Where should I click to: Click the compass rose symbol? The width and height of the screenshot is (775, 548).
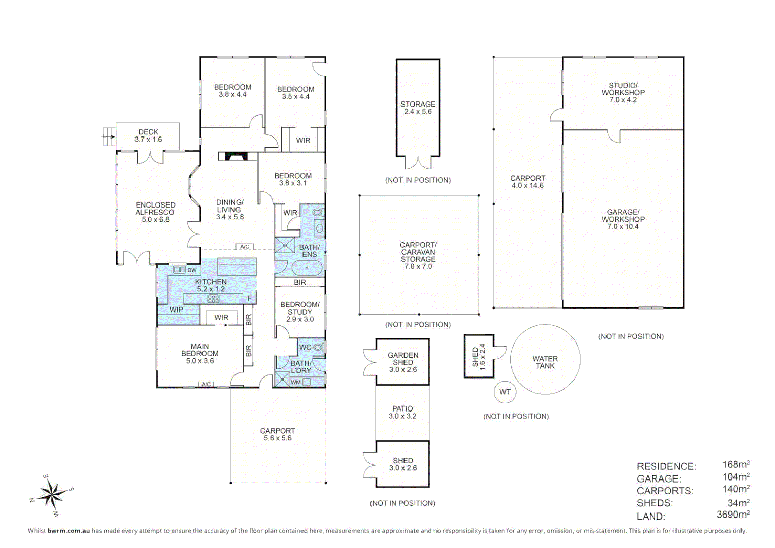(51, 494)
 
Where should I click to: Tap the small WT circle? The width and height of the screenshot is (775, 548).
(504, 392)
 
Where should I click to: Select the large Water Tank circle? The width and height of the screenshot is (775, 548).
(545, 360)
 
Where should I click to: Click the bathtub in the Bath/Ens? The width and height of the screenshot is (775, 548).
(306, 267)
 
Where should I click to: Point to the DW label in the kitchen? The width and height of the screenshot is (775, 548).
(192, 270)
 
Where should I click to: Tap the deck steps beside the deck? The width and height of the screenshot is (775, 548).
(109, 136)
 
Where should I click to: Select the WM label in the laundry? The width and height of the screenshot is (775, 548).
(296, 382)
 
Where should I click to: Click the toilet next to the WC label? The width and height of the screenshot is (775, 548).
(318, 347)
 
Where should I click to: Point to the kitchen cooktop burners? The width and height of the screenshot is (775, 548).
(213, 299)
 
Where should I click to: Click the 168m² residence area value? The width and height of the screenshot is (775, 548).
(735, 465)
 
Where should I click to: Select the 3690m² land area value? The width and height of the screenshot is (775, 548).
(732, 515)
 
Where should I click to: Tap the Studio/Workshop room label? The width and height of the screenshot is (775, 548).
(623, 93)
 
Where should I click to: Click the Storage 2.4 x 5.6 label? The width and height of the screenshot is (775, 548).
(418, 108)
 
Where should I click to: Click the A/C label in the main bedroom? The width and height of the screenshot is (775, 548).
(206, 384)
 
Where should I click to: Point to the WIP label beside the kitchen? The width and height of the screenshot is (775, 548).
(176, 310)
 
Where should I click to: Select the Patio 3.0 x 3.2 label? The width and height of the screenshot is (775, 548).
(402, 412)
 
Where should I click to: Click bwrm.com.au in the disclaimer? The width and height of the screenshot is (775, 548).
(69, 531)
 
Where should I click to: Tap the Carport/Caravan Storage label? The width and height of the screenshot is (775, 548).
(418, 255)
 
